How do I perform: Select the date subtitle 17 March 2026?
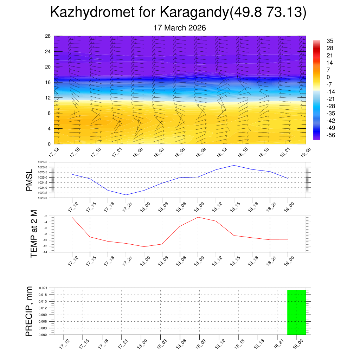(x=180, y=28)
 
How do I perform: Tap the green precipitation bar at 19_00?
(x=296, y=312)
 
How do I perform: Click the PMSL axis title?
(x=29, y=180)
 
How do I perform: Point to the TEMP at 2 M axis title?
(x=34, y=233)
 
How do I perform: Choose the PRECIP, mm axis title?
(x=29, y=311)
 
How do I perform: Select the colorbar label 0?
(x=328, y=77)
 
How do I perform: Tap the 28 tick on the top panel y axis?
(x=48, y=36)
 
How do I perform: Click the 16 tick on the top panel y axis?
(x=48, y=82)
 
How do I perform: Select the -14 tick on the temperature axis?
(x=46, y=252)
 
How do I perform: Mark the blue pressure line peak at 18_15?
(x=234, y=165)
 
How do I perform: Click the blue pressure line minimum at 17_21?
(x=126, y=195)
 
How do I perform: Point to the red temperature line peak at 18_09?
(x=198, y=217)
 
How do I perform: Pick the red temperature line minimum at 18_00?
(x=144, y=246)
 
